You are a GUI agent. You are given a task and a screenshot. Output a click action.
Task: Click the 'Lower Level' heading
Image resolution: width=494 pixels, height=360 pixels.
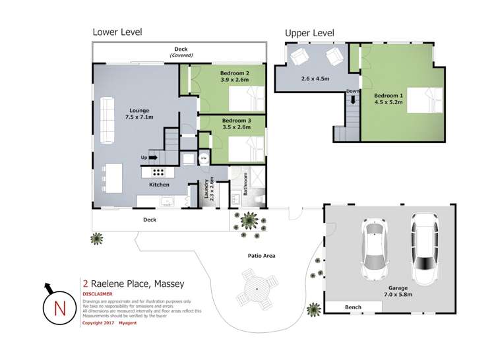point(117,32)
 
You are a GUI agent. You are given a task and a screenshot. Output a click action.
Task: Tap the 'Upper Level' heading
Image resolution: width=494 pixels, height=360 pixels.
point(309,33)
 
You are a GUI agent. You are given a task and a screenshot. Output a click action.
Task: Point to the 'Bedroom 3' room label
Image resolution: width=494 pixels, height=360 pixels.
point(236,121)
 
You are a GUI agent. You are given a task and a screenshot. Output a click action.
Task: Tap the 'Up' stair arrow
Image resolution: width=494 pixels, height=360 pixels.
point(152,158)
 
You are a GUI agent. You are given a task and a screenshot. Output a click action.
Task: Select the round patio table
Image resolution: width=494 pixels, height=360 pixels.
point(254,289)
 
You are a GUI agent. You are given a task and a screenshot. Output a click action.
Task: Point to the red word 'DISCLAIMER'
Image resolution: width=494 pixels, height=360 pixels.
point(98,293)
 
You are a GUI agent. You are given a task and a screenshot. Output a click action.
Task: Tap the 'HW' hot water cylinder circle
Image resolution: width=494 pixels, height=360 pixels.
point(204,159)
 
